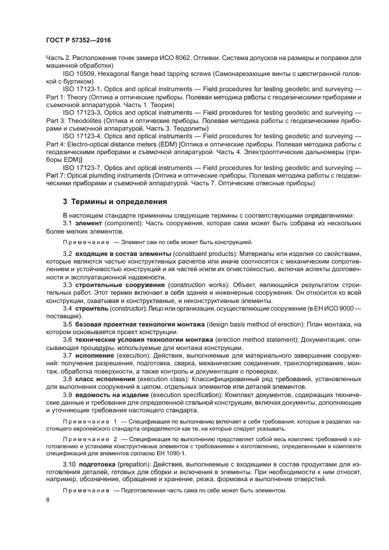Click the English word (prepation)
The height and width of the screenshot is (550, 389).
[x=139, y=465]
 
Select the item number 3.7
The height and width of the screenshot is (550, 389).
[x=68, y=356]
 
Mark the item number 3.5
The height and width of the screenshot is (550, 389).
[x=68, y=324]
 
